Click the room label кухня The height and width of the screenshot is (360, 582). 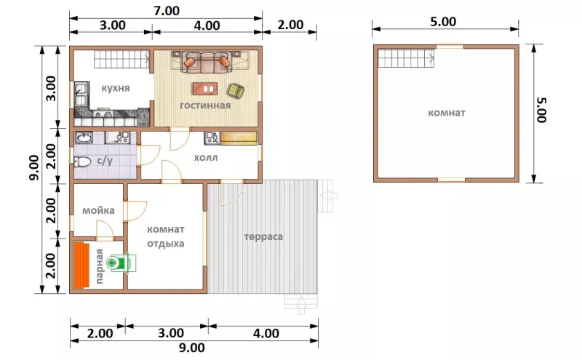click(116, 88)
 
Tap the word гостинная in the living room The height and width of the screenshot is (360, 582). click(205, 105)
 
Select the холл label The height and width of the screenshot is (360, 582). click(206, 158)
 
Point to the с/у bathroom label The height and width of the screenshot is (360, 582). click(105, 161)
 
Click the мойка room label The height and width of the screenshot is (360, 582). click(98, 211)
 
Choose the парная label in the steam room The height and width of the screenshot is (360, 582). click(99, 266)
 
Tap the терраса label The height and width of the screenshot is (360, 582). click(263, 237)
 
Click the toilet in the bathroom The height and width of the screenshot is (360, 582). click(82, 161)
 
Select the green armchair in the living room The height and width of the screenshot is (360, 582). click(236, 92)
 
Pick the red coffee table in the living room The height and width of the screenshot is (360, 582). click(205, 89)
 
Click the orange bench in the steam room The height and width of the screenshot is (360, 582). click(81, 265)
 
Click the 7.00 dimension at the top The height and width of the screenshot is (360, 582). click(167, 11)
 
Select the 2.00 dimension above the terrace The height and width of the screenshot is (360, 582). click(290, 25)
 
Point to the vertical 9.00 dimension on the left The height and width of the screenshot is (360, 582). click(33, 168)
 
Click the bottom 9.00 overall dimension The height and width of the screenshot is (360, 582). click(192, 348)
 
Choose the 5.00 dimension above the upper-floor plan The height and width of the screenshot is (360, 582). click(443, 22)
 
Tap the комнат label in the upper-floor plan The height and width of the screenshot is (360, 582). click(447, 113)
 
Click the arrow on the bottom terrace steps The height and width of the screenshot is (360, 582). click(301, 305)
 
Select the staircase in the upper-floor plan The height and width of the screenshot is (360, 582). click(406, 58)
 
